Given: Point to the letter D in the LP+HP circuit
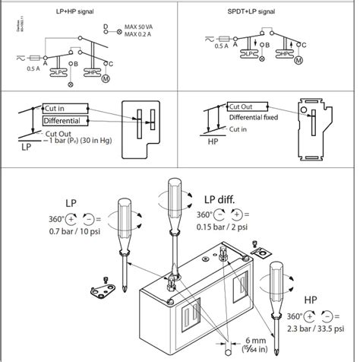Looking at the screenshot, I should pyautogui.click(x=105, y=27).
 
